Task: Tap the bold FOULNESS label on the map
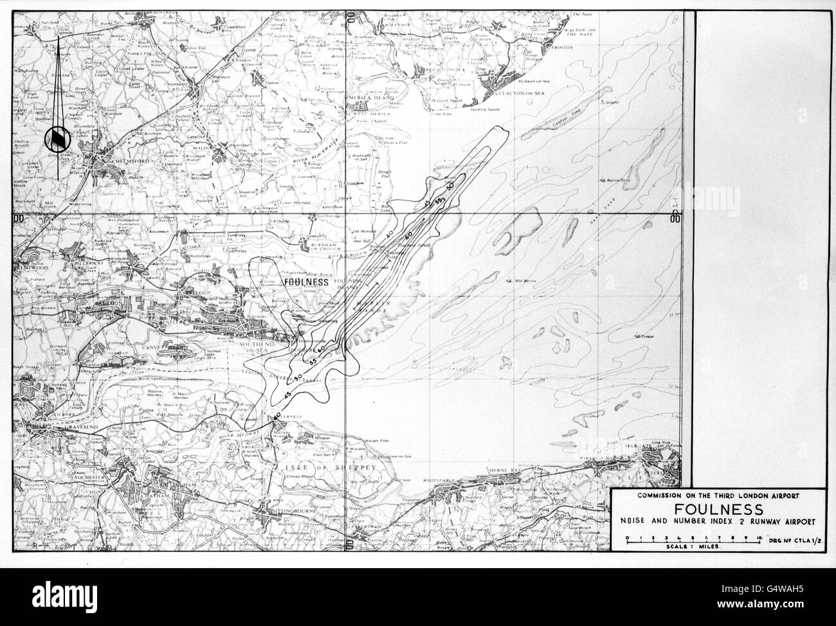click(306, 282)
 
